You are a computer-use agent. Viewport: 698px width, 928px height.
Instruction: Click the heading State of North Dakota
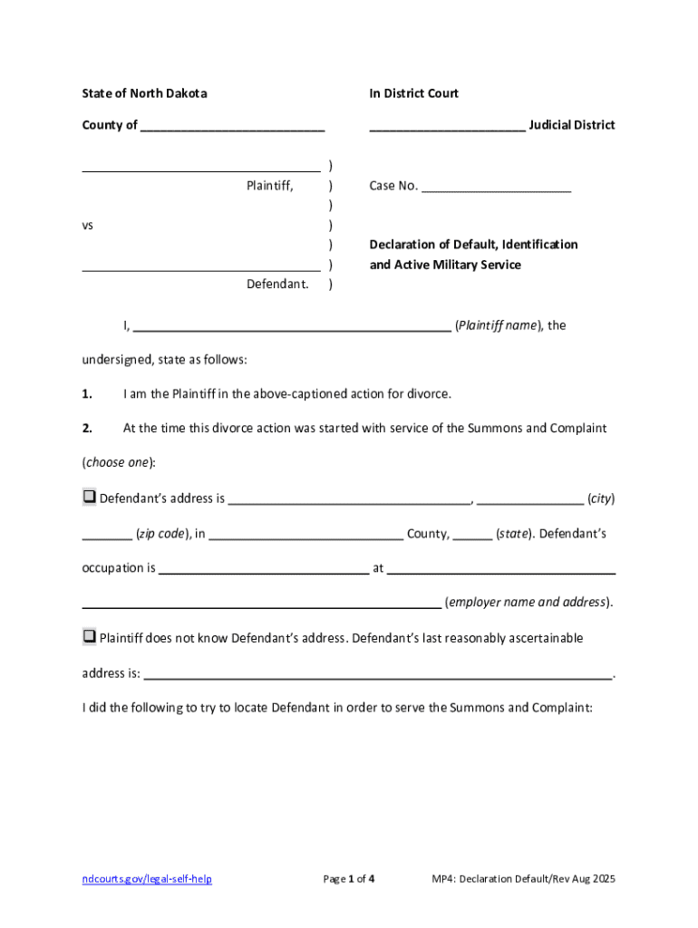coord(144,93)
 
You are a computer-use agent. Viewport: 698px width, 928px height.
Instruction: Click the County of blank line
coord(232,127)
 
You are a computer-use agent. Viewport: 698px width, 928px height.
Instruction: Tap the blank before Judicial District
coord(446,127)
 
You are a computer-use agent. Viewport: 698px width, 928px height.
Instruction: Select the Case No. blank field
coord(497,188)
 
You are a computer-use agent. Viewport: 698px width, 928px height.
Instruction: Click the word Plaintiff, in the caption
coord(270,186)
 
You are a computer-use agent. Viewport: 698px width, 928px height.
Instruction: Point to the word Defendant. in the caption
coord(277,285)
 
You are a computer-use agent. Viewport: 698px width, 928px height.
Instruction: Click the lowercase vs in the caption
coord(88,225)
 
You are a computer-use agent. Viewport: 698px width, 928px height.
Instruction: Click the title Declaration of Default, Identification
coord(473,245)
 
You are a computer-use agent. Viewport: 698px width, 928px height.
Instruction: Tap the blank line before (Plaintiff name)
coord(293,327)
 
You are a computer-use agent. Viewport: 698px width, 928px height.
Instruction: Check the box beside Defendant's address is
coord(90,497)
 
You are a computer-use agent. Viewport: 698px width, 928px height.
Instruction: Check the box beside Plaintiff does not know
coord(90,636)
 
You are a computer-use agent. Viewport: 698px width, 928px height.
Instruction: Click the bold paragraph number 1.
coord(87,394)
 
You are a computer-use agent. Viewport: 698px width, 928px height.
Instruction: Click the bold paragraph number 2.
coord(87,428)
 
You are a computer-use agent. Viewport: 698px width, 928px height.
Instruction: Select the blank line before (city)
coord(530,500)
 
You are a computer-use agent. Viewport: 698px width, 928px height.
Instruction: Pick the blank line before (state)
coord(472,536)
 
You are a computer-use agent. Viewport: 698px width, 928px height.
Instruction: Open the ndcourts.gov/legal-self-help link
coord(147,879)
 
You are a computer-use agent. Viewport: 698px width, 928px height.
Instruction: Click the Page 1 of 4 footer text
coord(349,879)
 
